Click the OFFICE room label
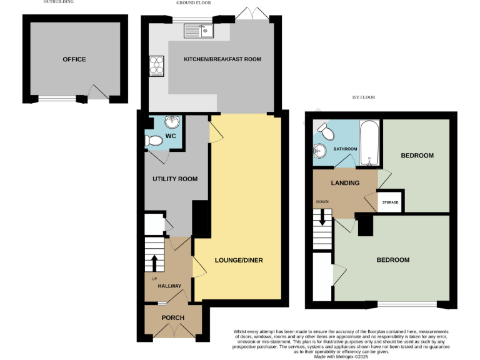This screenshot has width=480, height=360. point(74,59)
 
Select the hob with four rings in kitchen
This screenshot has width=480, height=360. point(156,66)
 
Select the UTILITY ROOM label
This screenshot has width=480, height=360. point(175,179)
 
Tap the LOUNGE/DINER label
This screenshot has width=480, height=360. point(239,260)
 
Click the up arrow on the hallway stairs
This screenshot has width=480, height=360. point(154,261)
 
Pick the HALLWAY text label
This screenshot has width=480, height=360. point(169,286)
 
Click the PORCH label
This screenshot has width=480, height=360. point(173,317)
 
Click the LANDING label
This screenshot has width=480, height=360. point(345,183)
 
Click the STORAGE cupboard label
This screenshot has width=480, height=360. point(391,203)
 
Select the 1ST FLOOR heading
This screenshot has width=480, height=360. point(362,97)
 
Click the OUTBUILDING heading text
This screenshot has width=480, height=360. point(58,2)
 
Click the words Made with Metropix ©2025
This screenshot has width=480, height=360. point(340,356)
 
